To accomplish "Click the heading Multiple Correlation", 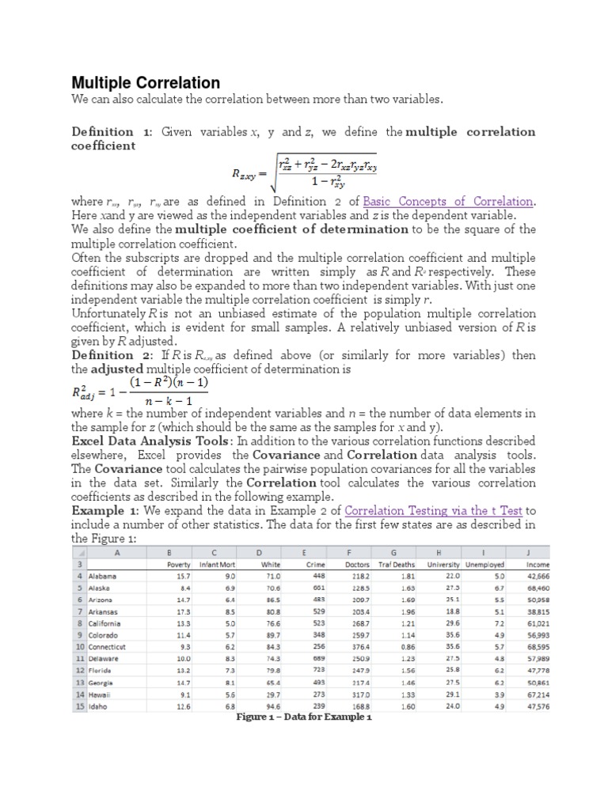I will tap(146, 83).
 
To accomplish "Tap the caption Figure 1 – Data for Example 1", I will tap(304, 717).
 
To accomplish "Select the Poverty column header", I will tap(180, 564).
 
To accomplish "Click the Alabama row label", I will tap(103, 576).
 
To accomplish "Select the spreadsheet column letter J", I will tap(526, 553).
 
